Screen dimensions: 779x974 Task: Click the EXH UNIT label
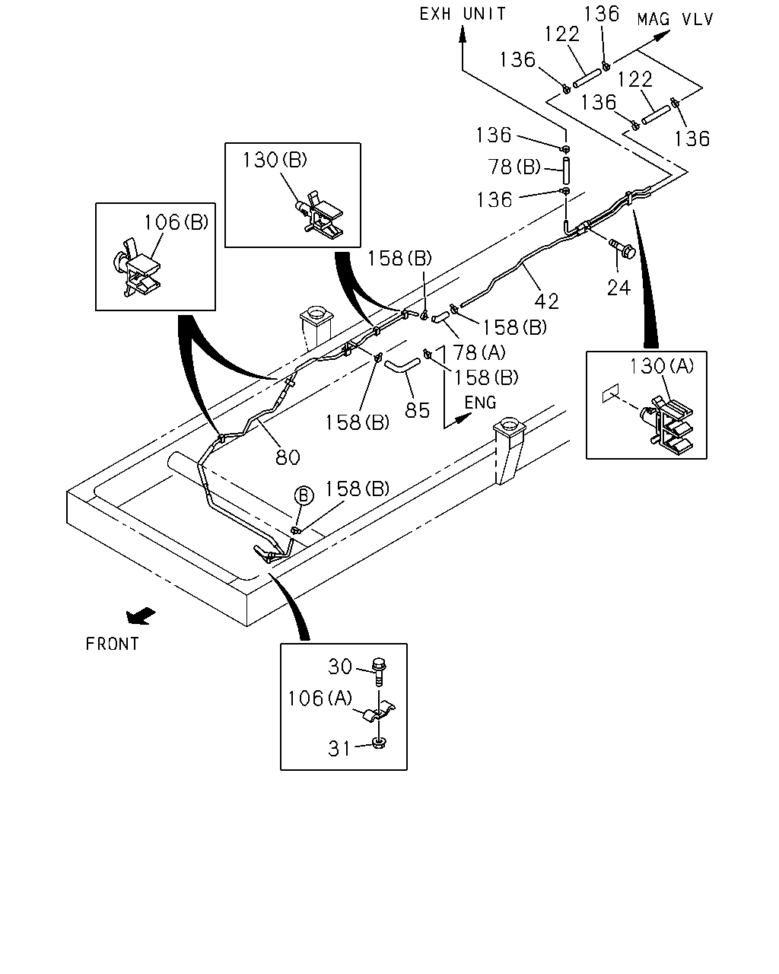[x=462, y=14]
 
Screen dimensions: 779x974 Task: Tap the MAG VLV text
[x=675, y=20]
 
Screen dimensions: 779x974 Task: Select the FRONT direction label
[x=113, y=644]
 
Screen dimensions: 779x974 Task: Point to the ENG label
[x=480, y=403]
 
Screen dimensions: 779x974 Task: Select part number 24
[x=618, y=288]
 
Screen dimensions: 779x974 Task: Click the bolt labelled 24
[x=623, y=248]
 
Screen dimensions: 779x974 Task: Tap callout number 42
[x=547, y=301]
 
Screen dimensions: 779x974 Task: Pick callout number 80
[x=288, y=457]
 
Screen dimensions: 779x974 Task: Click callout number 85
[x=418, y=410]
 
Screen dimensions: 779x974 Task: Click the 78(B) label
[x=514, y=167]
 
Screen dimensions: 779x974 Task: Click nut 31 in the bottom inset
[x=379, y=742]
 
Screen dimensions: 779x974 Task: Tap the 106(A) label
[x=320, y=699]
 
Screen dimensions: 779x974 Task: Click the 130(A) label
[x=661, y=366]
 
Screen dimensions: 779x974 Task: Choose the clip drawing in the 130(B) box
[x=320, y=215]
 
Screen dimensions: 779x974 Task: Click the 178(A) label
[x=473, y=352]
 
